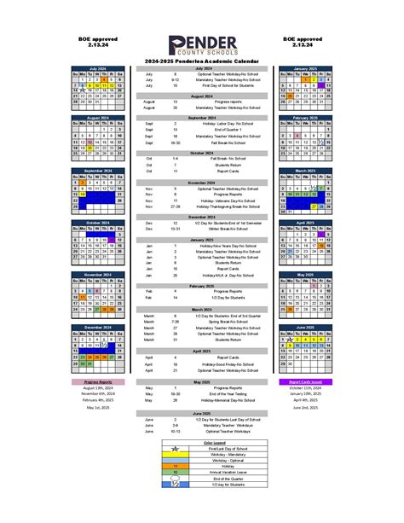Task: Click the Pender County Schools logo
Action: point(202,47)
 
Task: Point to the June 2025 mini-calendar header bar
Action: point(305,326)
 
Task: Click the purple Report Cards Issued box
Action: point(305,382)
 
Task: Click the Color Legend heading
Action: point(202,444)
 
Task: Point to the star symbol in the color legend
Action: point(175,484)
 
